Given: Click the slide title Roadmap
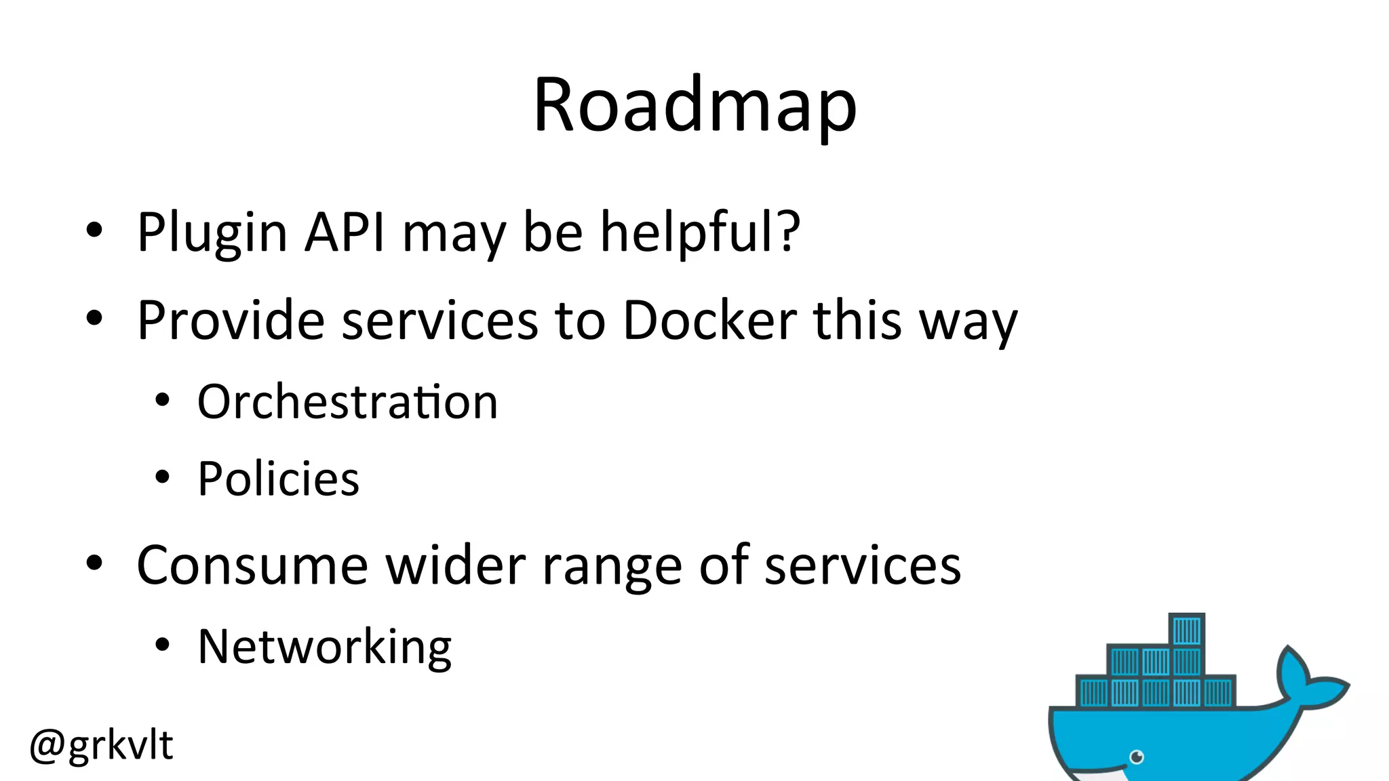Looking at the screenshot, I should tap(695, 105).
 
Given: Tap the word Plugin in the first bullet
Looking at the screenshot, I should tap(212, 233).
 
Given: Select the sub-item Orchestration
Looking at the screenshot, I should tap(347, 401).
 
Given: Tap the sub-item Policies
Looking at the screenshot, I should tap(278, 479).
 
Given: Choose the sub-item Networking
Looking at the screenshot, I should tap(324, 647).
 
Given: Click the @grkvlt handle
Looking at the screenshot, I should tap(102, 744).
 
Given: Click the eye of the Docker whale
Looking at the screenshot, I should tap(1137, 757).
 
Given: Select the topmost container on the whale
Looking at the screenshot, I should tap(1187, 630).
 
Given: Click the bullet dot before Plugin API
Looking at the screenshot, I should tap(94, 231).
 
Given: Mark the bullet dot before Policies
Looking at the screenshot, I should tap(161, 477).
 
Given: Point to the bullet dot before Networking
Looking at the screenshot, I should tap(161, 645).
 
